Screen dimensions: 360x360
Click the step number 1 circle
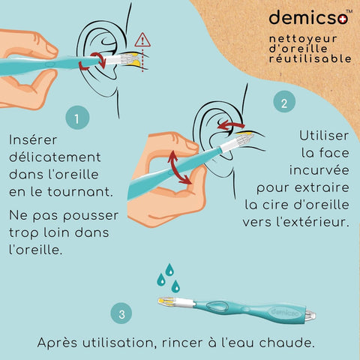pos(77,118)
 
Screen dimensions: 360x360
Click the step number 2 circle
pos(284,101)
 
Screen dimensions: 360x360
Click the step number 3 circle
pos(121,313)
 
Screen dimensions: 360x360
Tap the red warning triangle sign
pos(142,40)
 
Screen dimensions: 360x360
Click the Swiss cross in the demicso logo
pos(343,19)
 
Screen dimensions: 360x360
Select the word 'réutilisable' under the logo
pos(310,58)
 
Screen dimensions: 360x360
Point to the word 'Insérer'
pos(33,139)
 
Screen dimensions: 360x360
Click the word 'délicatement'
pos(55,157)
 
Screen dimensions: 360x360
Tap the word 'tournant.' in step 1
pos(80,192)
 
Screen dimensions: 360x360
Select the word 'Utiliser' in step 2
pos(324,136)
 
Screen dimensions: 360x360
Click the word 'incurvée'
pos(319,170)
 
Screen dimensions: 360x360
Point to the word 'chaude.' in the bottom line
pos(286,343)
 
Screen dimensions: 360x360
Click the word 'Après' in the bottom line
pos(57,343)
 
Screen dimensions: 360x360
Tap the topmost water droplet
pos(169,269)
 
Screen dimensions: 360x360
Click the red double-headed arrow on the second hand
pos(178,167)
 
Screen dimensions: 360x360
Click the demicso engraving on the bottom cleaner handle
pos(284,313)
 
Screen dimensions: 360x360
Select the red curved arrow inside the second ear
pos(230,125)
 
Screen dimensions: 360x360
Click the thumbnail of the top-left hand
pos(51,49)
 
